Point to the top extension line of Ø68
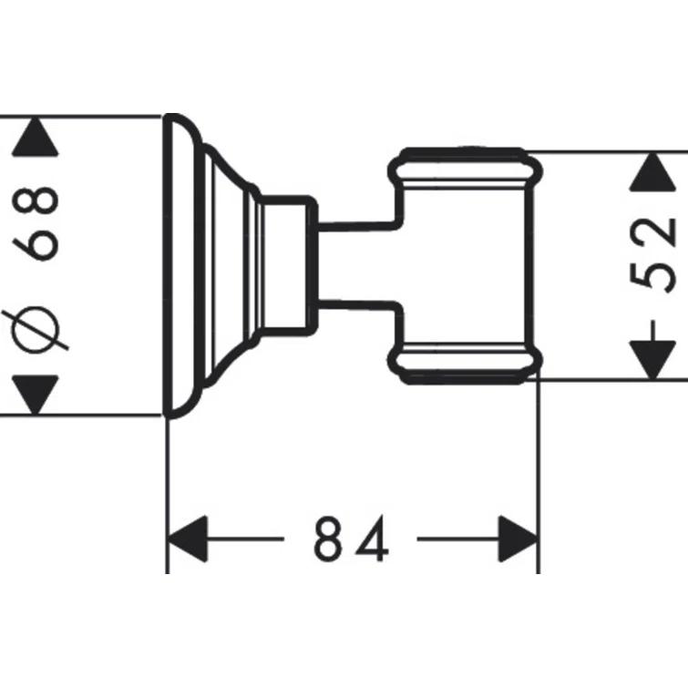82,116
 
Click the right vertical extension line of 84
539,474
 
